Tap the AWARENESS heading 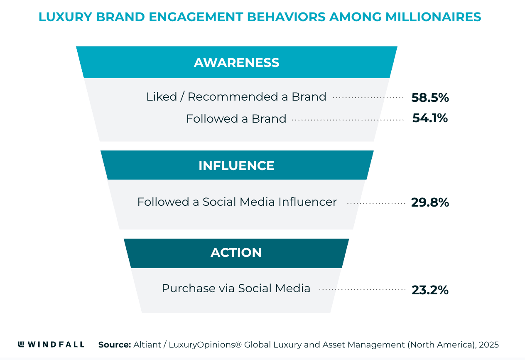(237, 62)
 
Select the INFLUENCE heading (236, 165)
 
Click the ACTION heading (236, 253)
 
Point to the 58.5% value (430, 98)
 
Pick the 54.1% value (430, 118)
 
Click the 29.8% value (430, 202)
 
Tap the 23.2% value (430, 290)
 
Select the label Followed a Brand (236, 119)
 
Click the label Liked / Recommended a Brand (236, 97)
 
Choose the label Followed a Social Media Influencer (237, 202)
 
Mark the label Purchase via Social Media (236, 288)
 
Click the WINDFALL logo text (56, 345)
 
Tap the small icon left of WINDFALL (21, 344)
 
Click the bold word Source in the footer (114, 345)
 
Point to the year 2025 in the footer (488, 345)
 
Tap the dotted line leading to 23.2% (362, 289)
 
